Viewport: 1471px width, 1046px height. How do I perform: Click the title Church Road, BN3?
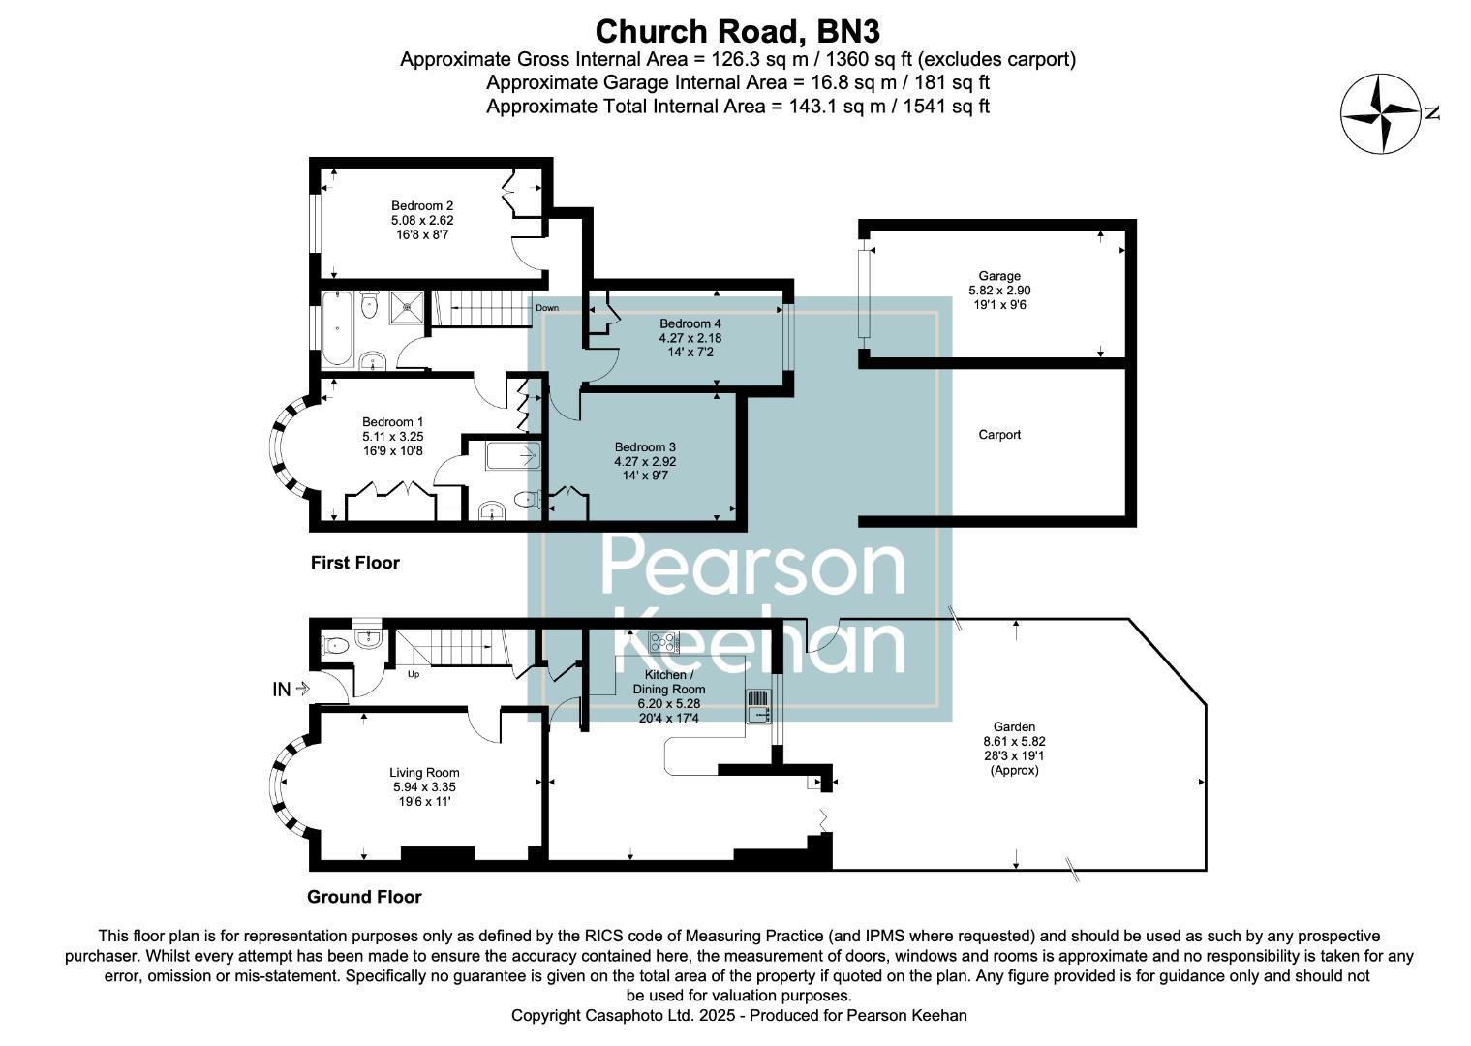[x=737, y=31]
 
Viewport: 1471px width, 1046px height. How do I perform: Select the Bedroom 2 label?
[x=422, y=205]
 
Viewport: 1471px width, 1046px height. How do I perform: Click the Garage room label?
[x=999, y=276]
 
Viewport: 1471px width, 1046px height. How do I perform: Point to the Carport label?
[x=999, y=435]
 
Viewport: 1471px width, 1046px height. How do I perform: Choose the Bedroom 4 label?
[x=690, y=323]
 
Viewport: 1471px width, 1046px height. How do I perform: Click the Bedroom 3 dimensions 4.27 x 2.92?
[x=645, y=462]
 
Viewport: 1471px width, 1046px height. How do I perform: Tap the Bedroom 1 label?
[x=392, y=422]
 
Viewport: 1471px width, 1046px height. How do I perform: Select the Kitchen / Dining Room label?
[x=669, y=682]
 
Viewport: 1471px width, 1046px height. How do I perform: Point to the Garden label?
[x=1014, y=726]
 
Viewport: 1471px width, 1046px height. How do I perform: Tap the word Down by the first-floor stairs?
[x=546, y=308]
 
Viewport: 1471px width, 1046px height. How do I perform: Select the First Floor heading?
[x=354, y=563]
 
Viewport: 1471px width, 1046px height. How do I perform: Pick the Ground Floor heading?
[x=364, y=897]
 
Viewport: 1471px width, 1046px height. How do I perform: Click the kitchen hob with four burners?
[x=663, y=641]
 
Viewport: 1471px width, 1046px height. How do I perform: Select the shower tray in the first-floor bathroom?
[x=408, y=308]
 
